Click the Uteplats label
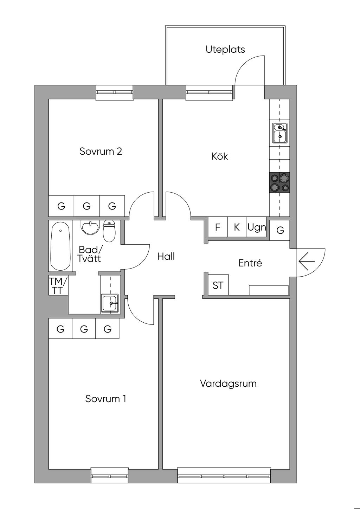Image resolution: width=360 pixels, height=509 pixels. pos(225,49)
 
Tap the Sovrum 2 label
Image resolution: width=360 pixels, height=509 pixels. pos(101,152)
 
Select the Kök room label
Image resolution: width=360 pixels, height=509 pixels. pos(219,156)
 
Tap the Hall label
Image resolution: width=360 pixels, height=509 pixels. pos(166,256)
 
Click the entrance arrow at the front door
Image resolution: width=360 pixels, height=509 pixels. pos(307,261)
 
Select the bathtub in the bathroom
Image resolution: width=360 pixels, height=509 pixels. pos(60,246)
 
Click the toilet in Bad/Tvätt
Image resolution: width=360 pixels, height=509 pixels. pos(109,231)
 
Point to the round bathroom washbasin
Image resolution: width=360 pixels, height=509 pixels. pos(90,227)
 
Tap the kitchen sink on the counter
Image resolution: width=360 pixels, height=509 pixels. pos(280,133)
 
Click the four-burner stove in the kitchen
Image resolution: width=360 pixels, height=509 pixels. pos(279,182)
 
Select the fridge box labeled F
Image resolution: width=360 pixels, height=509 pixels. pos(218,227)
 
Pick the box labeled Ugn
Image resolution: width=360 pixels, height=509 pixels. pos(257,227)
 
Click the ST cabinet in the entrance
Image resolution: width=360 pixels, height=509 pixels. pos(218,285)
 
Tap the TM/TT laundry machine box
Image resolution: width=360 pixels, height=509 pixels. pos(58,285)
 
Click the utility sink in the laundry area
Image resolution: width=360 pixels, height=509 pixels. pos(110,303)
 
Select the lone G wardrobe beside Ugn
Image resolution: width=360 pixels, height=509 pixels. pos(280,230)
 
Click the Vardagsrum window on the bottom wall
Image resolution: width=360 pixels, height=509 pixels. pos(224,476)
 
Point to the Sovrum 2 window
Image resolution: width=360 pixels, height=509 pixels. pos(114,92)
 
